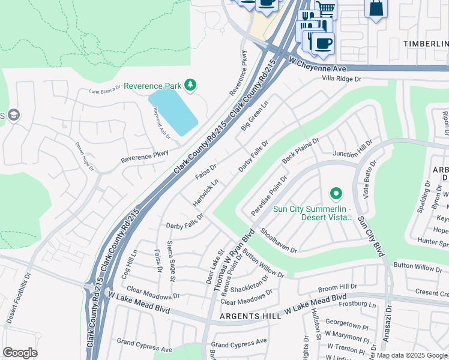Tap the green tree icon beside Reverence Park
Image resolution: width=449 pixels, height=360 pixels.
click(x=190, y=85)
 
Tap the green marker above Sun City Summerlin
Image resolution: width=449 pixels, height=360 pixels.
click(x=336, y=194)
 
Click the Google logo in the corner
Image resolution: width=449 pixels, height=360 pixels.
click(x=20, y=353)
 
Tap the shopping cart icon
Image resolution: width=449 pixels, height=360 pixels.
click(x=326, y=8)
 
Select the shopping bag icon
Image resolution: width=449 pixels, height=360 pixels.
click(x=376, y=8)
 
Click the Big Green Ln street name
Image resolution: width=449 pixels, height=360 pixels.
click(x=255, y=117)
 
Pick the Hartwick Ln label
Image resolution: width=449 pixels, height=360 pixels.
click(x=205, y=190)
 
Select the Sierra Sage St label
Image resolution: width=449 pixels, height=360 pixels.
click(x=170, y=265)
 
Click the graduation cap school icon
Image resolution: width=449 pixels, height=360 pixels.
click(x=13, y=115)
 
